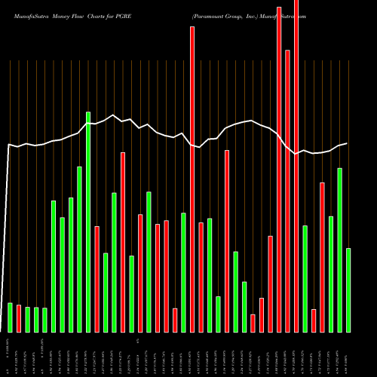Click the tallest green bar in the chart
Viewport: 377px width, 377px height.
[88, 222]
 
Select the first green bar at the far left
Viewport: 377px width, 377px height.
[10, 317]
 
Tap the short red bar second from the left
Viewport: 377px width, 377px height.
[19, 318]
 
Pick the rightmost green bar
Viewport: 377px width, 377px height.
[348, 290]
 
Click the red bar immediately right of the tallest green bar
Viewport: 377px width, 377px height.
[97, 279]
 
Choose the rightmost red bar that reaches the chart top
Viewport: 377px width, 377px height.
[296, 166]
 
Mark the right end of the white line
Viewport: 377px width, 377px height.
[347, 143]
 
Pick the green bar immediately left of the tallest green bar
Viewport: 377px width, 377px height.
[79, 250]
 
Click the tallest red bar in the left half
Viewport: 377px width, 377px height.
[123, 242]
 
